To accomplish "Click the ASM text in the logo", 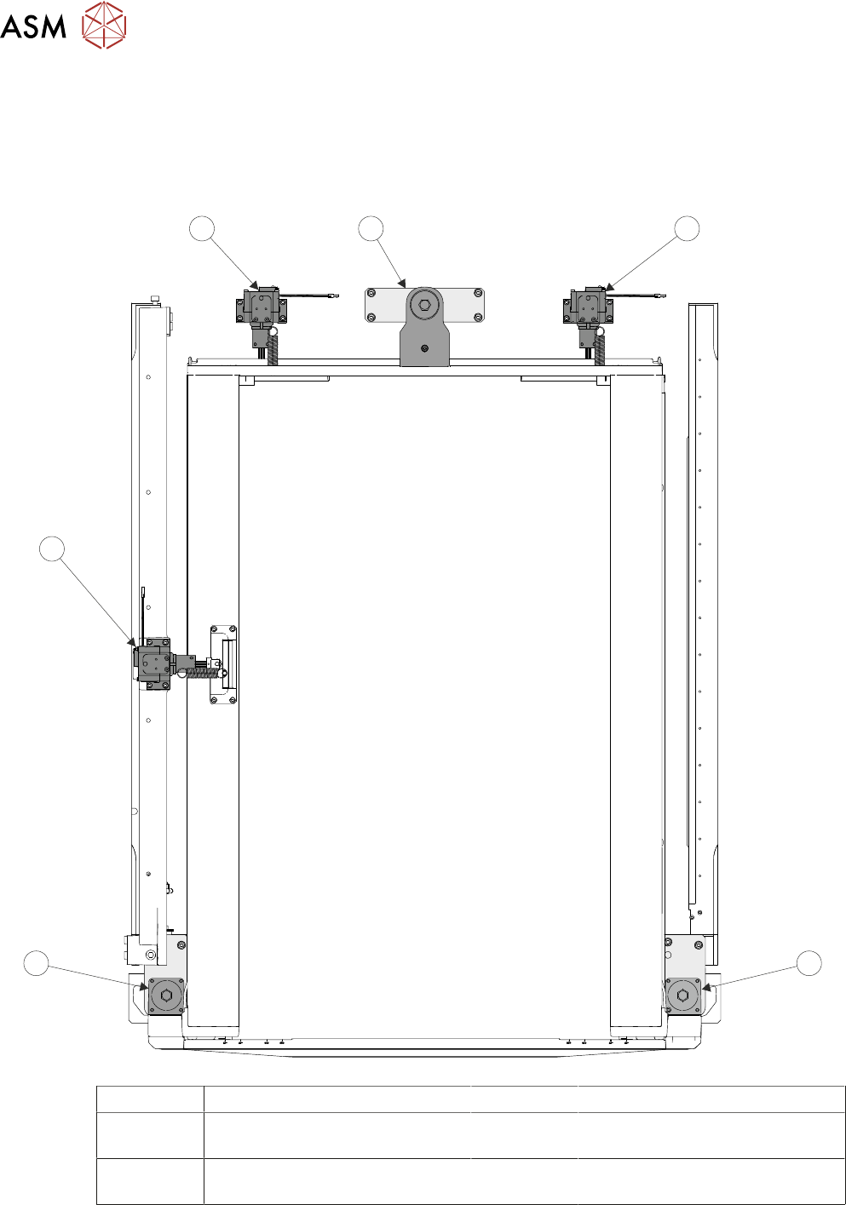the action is [x=33, y=26].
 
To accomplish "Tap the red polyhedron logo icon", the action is [x=104, y=25].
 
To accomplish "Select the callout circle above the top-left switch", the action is [x=202, y=228].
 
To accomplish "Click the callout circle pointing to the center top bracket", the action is [x=371, y=228].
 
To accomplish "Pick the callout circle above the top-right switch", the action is [x=687, y=228].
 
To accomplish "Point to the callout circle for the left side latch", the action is [x=52, y=548].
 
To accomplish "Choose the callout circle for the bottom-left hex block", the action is [x=36, y=963].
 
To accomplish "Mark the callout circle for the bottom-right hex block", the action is [x=809, y=963].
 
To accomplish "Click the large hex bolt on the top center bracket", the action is [x=424, y=305].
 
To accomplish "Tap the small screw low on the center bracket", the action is [x=424, y=348].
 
